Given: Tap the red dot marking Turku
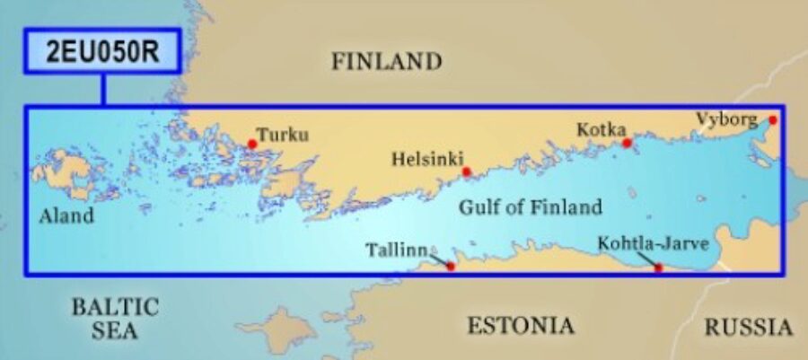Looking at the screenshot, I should (252, 144).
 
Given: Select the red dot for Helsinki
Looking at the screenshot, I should (466, 171).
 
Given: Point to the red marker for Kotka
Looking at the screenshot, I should (628, 143).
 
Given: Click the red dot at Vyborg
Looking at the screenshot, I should (772, 119).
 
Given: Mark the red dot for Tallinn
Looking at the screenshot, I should (451, 267).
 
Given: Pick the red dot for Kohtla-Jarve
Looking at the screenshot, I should (659, 268).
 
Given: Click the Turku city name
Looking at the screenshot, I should (282, 135).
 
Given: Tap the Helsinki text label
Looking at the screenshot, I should (426, 160).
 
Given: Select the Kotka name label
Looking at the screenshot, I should (601, 130).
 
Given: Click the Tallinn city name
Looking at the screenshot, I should (396, 250).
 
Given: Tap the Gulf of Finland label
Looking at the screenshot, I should (531, 207).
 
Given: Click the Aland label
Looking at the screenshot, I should (66, 216).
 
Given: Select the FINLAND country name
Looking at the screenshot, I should (387, 62).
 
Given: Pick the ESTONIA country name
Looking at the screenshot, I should (520, 325).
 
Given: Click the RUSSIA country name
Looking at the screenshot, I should (749, 327).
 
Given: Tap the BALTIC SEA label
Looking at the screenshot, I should (115, 319).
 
